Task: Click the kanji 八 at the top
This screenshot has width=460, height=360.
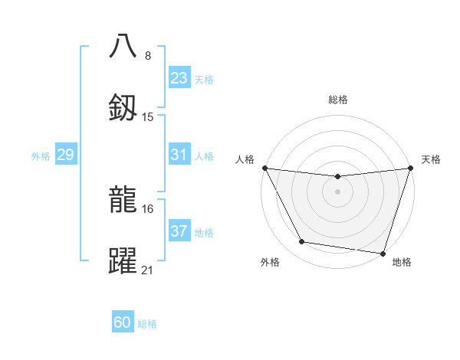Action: tap(123, 46)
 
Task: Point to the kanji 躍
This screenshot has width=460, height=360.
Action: tap(123, 260)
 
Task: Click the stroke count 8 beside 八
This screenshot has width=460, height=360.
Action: tap(148, 55)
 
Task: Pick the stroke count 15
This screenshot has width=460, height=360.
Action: tap(148, 117)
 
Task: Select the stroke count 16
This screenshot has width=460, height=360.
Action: tap(148, 208)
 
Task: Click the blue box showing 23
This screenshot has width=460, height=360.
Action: tap(179, 78)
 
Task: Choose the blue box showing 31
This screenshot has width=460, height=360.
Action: tap(179, 155)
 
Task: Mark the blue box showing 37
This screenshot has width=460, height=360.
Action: tap(179, 231)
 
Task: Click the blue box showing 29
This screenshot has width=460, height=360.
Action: tap(65, 155)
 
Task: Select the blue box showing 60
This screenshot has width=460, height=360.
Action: tap(123, 322)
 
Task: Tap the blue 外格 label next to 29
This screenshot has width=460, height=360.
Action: tap(41, 155)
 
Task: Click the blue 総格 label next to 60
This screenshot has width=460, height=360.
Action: tap(147, 323)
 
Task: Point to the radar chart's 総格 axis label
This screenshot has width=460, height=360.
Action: tap(337, 100)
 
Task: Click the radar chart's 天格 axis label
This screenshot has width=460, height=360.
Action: tap(432, 159)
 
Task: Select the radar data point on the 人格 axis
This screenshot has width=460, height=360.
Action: tap(264, 168)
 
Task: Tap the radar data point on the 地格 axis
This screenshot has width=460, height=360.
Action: tap(383, 253)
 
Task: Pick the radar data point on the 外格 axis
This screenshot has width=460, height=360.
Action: tap(302, 242)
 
